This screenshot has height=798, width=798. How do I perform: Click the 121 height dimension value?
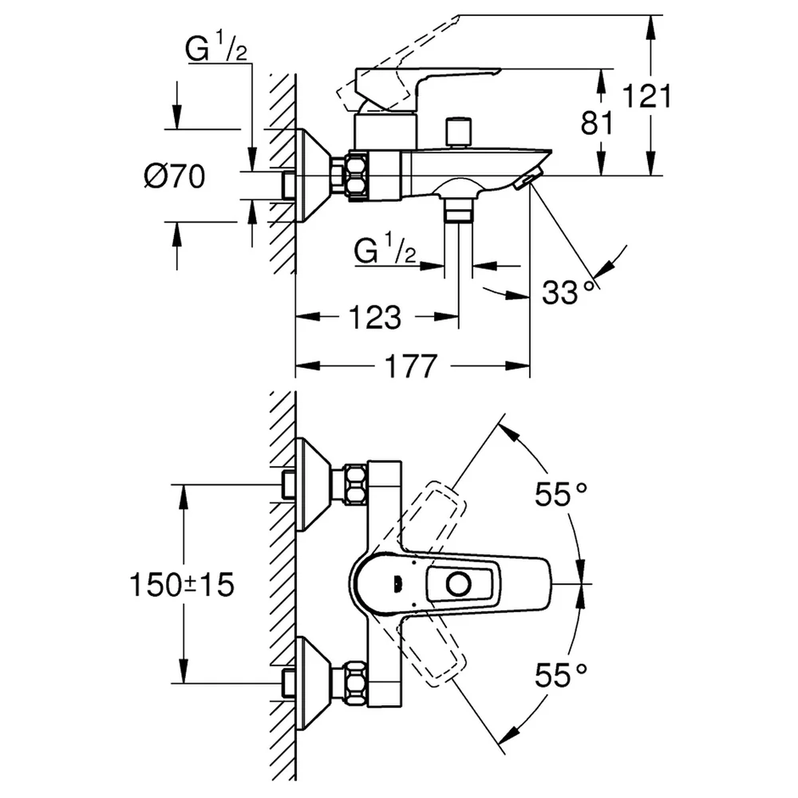coord(647,97)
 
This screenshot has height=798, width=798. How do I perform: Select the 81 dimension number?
coord(598,123)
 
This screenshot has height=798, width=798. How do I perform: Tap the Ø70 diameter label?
coord(175,176)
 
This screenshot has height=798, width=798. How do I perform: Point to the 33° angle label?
coord(567,292)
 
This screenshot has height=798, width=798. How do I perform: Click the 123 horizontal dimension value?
coord(374,317)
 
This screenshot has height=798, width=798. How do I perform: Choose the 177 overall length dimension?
coord(411,366)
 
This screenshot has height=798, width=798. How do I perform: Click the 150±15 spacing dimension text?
coord(182,584)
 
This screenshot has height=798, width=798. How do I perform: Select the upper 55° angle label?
coord(561,493)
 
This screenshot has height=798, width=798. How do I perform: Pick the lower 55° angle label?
coord(561,675)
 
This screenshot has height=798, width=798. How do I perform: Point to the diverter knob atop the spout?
coord(458,132)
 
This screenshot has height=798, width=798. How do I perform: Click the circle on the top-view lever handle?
coord(459,584)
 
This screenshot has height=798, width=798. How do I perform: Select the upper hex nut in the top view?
coord(355,484)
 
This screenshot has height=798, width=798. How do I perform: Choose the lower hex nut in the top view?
coord(355,683)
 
